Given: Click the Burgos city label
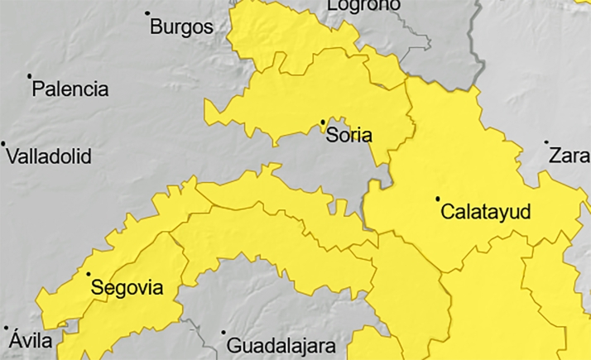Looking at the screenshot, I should (x=181, y=27).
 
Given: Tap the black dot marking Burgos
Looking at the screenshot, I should (x=147, y=13).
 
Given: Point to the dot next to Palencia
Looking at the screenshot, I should (x=30, y=76).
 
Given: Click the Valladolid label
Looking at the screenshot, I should (x=49, y=156).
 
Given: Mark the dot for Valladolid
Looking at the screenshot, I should (x=3, y=143).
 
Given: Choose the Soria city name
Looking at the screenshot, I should (x=349, y=135).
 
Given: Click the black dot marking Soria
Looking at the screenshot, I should (x=323, y=122).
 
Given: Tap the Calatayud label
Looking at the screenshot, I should (x=485, y=212).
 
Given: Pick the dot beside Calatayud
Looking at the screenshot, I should (x=438, y=199).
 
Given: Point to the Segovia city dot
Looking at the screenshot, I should (x=88, y=274).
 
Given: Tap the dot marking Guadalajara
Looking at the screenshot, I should (x=223, y=333).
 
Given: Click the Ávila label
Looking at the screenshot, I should (x=31, y=340).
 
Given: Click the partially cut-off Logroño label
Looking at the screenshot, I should (x=363, y=5).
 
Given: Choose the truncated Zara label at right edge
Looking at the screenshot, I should (x=569, y=155).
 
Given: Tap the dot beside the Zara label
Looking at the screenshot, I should (x=546, y=142).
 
